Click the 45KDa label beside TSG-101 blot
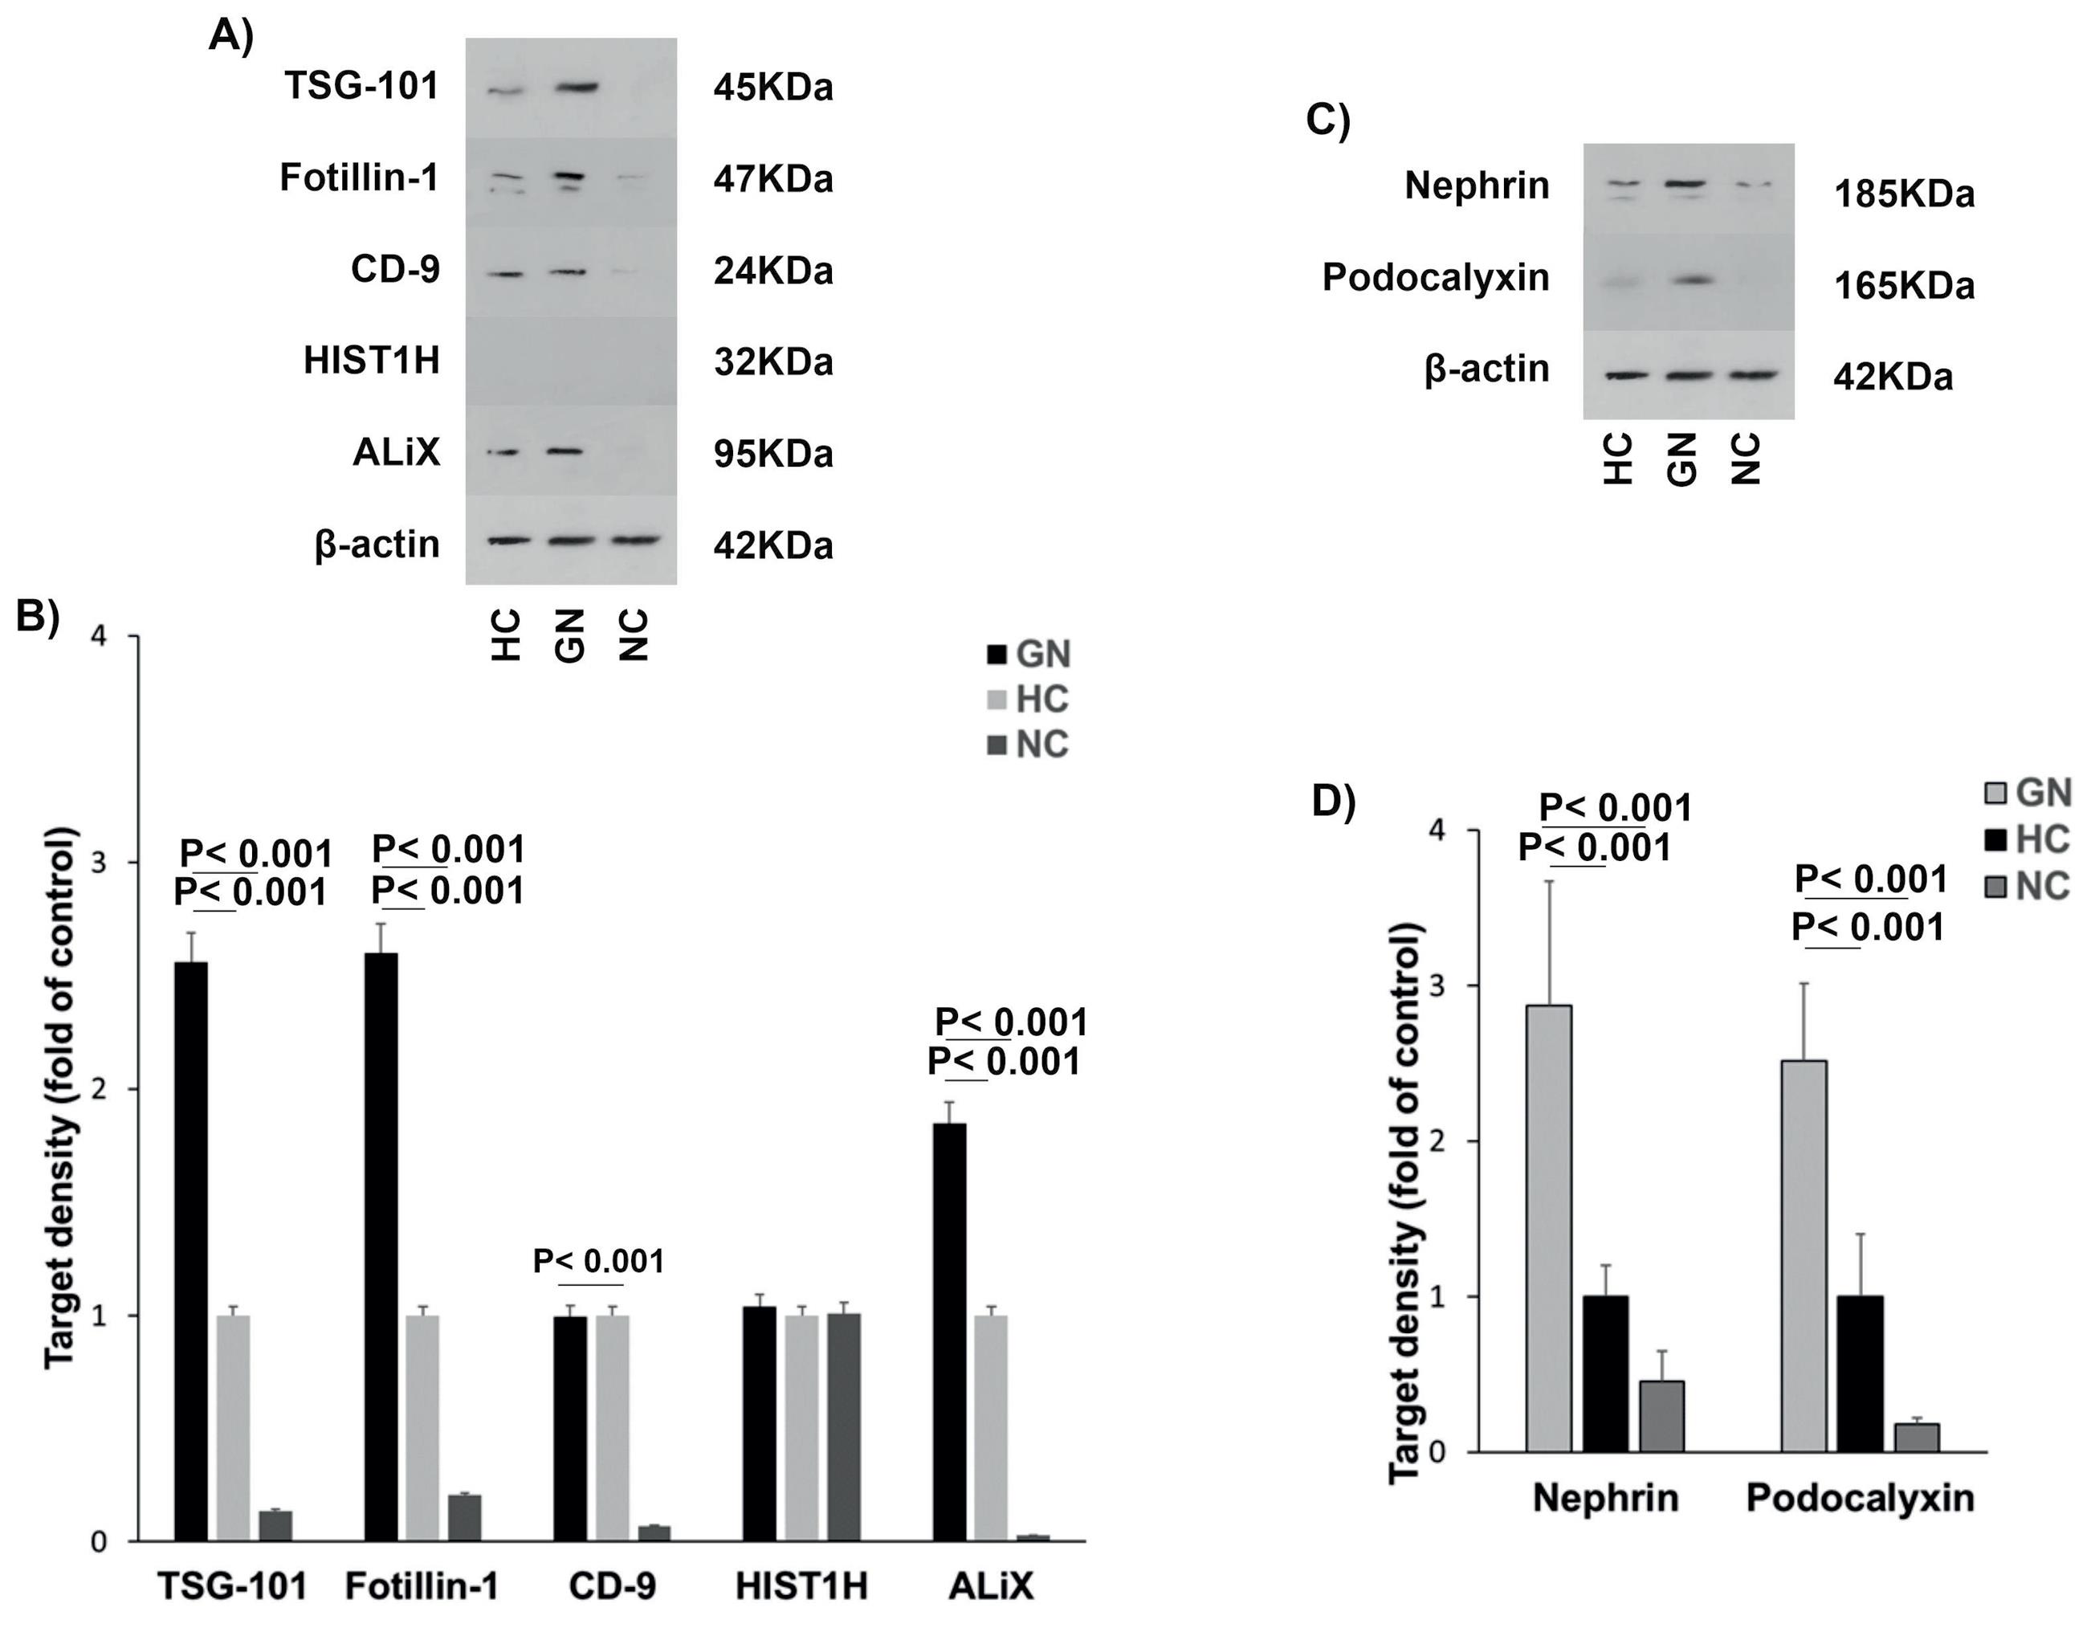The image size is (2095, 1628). pyautogui.click(x=772, y=88)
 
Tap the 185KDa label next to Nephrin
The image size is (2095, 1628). pyautogui.click(x=1903, y=194)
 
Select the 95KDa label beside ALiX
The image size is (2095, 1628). pyautogui.click(x=772, y=454)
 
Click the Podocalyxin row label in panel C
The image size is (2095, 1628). pyautogui.click(x=1435, y=278)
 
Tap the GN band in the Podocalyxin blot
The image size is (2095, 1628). pyautogui.click(x=1687, y=280)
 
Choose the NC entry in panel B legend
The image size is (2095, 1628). pyautogui.click(x=1029, y=745)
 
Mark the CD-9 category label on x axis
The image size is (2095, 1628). pyautogui.click(x=612, y=1587)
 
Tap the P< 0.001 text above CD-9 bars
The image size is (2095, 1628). pyautogui.click(x=598, y=1262)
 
